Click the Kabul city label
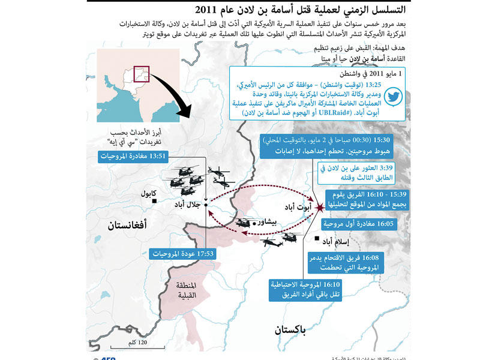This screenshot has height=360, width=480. click(148, 194)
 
